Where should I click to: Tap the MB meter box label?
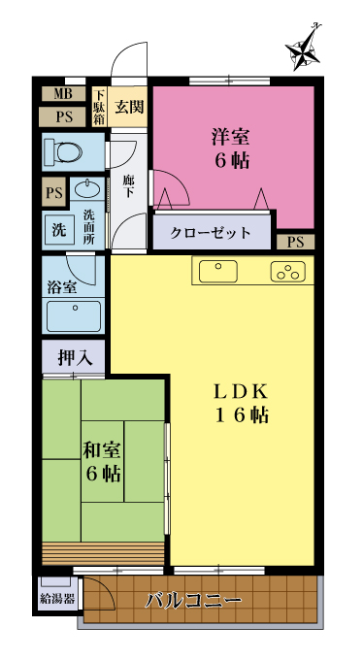pyautogui.click(x=64, y=94)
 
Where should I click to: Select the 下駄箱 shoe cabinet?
pyautogui.click(x=99, y=107)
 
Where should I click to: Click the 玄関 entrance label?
pyautogui.click(x=130, y=108)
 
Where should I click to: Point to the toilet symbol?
pyautogui.click(x=63, y=151)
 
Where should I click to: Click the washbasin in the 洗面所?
pyautogui.click(x=87, y=190)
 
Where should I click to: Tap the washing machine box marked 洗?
pyautogui.click(x=58, y=230)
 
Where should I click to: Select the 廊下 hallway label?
pyautogui.click(x=128, y=187)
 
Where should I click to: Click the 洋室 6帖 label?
pyautogui.click(x=230, y=148)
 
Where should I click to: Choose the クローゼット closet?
pyautogui.click(x=212, y=233)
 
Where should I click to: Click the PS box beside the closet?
pyautogui.click(x=296, y=242)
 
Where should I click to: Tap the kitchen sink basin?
pyautogui.click(x=218, y=272)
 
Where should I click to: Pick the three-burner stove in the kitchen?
pyautogui.click(x=288, y=272)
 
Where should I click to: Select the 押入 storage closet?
pyautogui.click(x=74, y=357)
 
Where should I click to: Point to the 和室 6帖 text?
pyautogui.click(x=102, y=463)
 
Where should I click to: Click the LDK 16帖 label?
pyautogui.click(x=242, y=403)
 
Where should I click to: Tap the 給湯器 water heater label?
pyautogui.click(x=57, y=599)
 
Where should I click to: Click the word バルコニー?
pyautogui.click(x=194, y=601)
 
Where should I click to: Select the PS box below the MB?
pyautogui.click(x=64, y=117)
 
